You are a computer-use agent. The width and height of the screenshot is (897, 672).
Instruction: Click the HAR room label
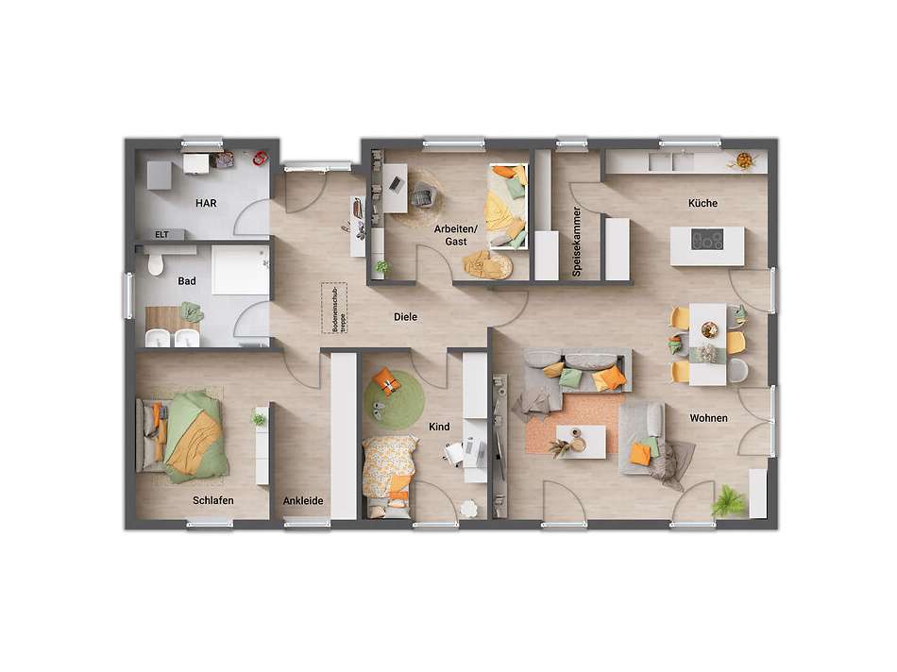click(206, 203)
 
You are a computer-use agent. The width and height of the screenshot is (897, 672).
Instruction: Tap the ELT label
click(161, 234)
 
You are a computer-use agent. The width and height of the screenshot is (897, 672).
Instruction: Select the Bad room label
click(187, 281)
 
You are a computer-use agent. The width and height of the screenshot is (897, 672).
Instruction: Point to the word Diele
click(405, 317)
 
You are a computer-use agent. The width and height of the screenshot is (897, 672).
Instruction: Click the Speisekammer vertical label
click(577, 242)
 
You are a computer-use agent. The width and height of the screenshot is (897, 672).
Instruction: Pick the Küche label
click(702, 203)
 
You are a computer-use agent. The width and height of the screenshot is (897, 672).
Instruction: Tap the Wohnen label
click(708, 418)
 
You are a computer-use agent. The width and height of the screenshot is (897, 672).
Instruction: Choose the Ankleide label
click(303, 500)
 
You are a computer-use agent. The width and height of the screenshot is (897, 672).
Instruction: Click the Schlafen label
click(212, 500)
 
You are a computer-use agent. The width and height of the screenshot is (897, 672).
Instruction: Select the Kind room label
click(439, 427)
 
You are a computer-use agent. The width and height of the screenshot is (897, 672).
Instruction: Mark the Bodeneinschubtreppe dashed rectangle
click(334, 309)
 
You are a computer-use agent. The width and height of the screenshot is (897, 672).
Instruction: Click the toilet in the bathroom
click(155, 264)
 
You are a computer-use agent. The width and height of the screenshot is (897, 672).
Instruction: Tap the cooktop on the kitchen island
click(707, 239)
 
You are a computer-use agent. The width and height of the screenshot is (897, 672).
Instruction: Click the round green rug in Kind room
click(394, 400)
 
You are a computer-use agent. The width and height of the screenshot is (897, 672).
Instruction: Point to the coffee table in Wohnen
click(581, 442)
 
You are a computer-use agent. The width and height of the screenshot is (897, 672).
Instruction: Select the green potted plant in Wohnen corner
click(728, 501)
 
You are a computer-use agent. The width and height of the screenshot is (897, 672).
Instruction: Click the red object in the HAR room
click(261, 158)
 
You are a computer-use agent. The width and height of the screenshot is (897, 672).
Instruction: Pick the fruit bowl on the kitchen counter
click(744, 160)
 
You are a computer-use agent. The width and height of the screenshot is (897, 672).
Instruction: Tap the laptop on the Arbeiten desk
click(395, 183)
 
